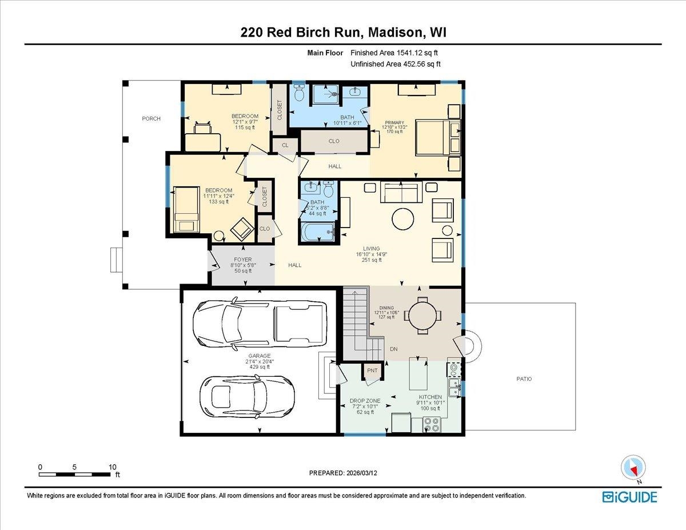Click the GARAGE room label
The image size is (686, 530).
point(259,356)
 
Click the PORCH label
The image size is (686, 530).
point(151,119)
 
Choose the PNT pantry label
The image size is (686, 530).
point(373,370)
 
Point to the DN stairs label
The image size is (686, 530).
point(393,349)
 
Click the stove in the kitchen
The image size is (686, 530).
point(432,425)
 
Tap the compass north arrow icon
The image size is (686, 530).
point(632,467)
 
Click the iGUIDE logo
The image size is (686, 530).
point(629,496)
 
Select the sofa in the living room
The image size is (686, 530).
point(401,193)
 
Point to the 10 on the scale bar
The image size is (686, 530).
point(113,467)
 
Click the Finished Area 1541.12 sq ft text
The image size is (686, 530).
point(397,53)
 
